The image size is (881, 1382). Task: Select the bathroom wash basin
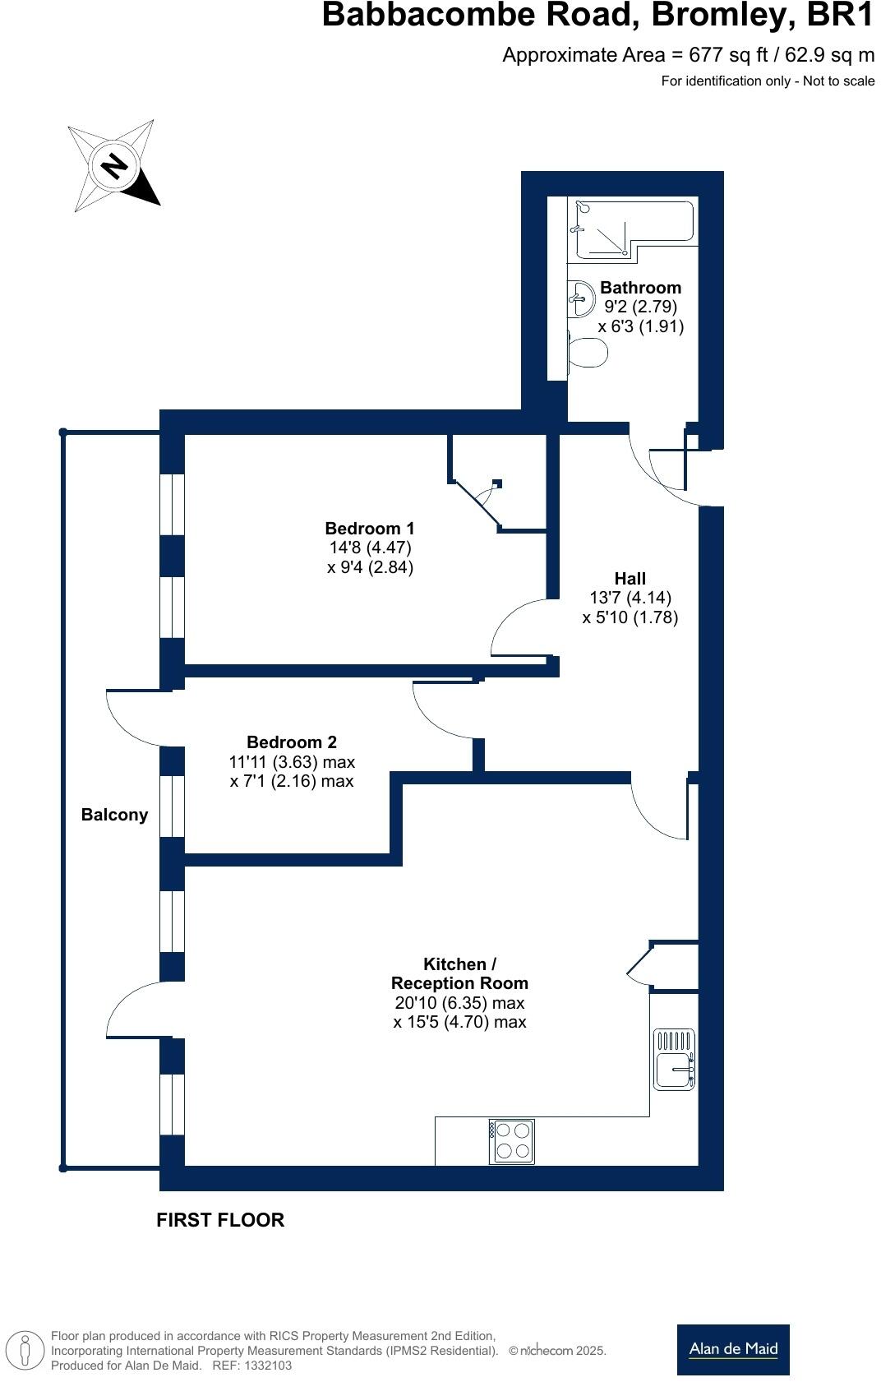pyautogui.click(x=582, y=298)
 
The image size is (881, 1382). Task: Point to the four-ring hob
pyautogui.click(x=512, y=1140)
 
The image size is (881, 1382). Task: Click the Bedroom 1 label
pyautogui.click(x=369, y=529)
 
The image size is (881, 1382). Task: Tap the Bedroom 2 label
pyautogui.click(x=292, y=742)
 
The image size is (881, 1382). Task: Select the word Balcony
pyautogui.click(x=114, y=815)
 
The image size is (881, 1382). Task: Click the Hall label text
pyautogui.click(x=630, y=579)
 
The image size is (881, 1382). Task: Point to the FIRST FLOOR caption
pyautogui.click(x=220, y=1220)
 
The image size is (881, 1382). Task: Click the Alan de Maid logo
pyautogui.click(x=733, y=1349)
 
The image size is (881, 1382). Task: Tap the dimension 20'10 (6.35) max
pyautogui.click(x=459, y=1003)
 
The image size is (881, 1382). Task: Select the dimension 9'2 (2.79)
pyautogui.click(x=640, y=307)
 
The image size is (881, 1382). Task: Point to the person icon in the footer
pyautogui.click(x=26, y=1350)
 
